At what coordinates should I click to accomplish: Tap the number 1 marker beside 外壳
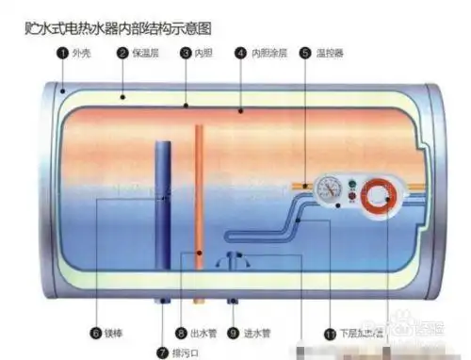pos(63,54)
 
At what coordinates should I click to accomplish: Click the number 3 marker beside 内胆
pos(186,54)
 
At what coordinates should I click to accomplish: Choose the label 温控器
pos(331,54)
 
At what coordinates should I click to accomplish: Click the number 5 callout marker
pos(305,54)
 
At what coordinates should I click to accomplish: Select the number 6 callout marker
pos(96,333)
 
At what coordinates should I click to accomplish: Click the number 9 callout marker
pos(233,333)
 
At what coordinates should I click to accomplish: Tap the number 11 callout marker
pos(329,333)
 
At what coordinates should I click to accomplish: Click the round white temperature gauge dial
pos(331,188)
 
